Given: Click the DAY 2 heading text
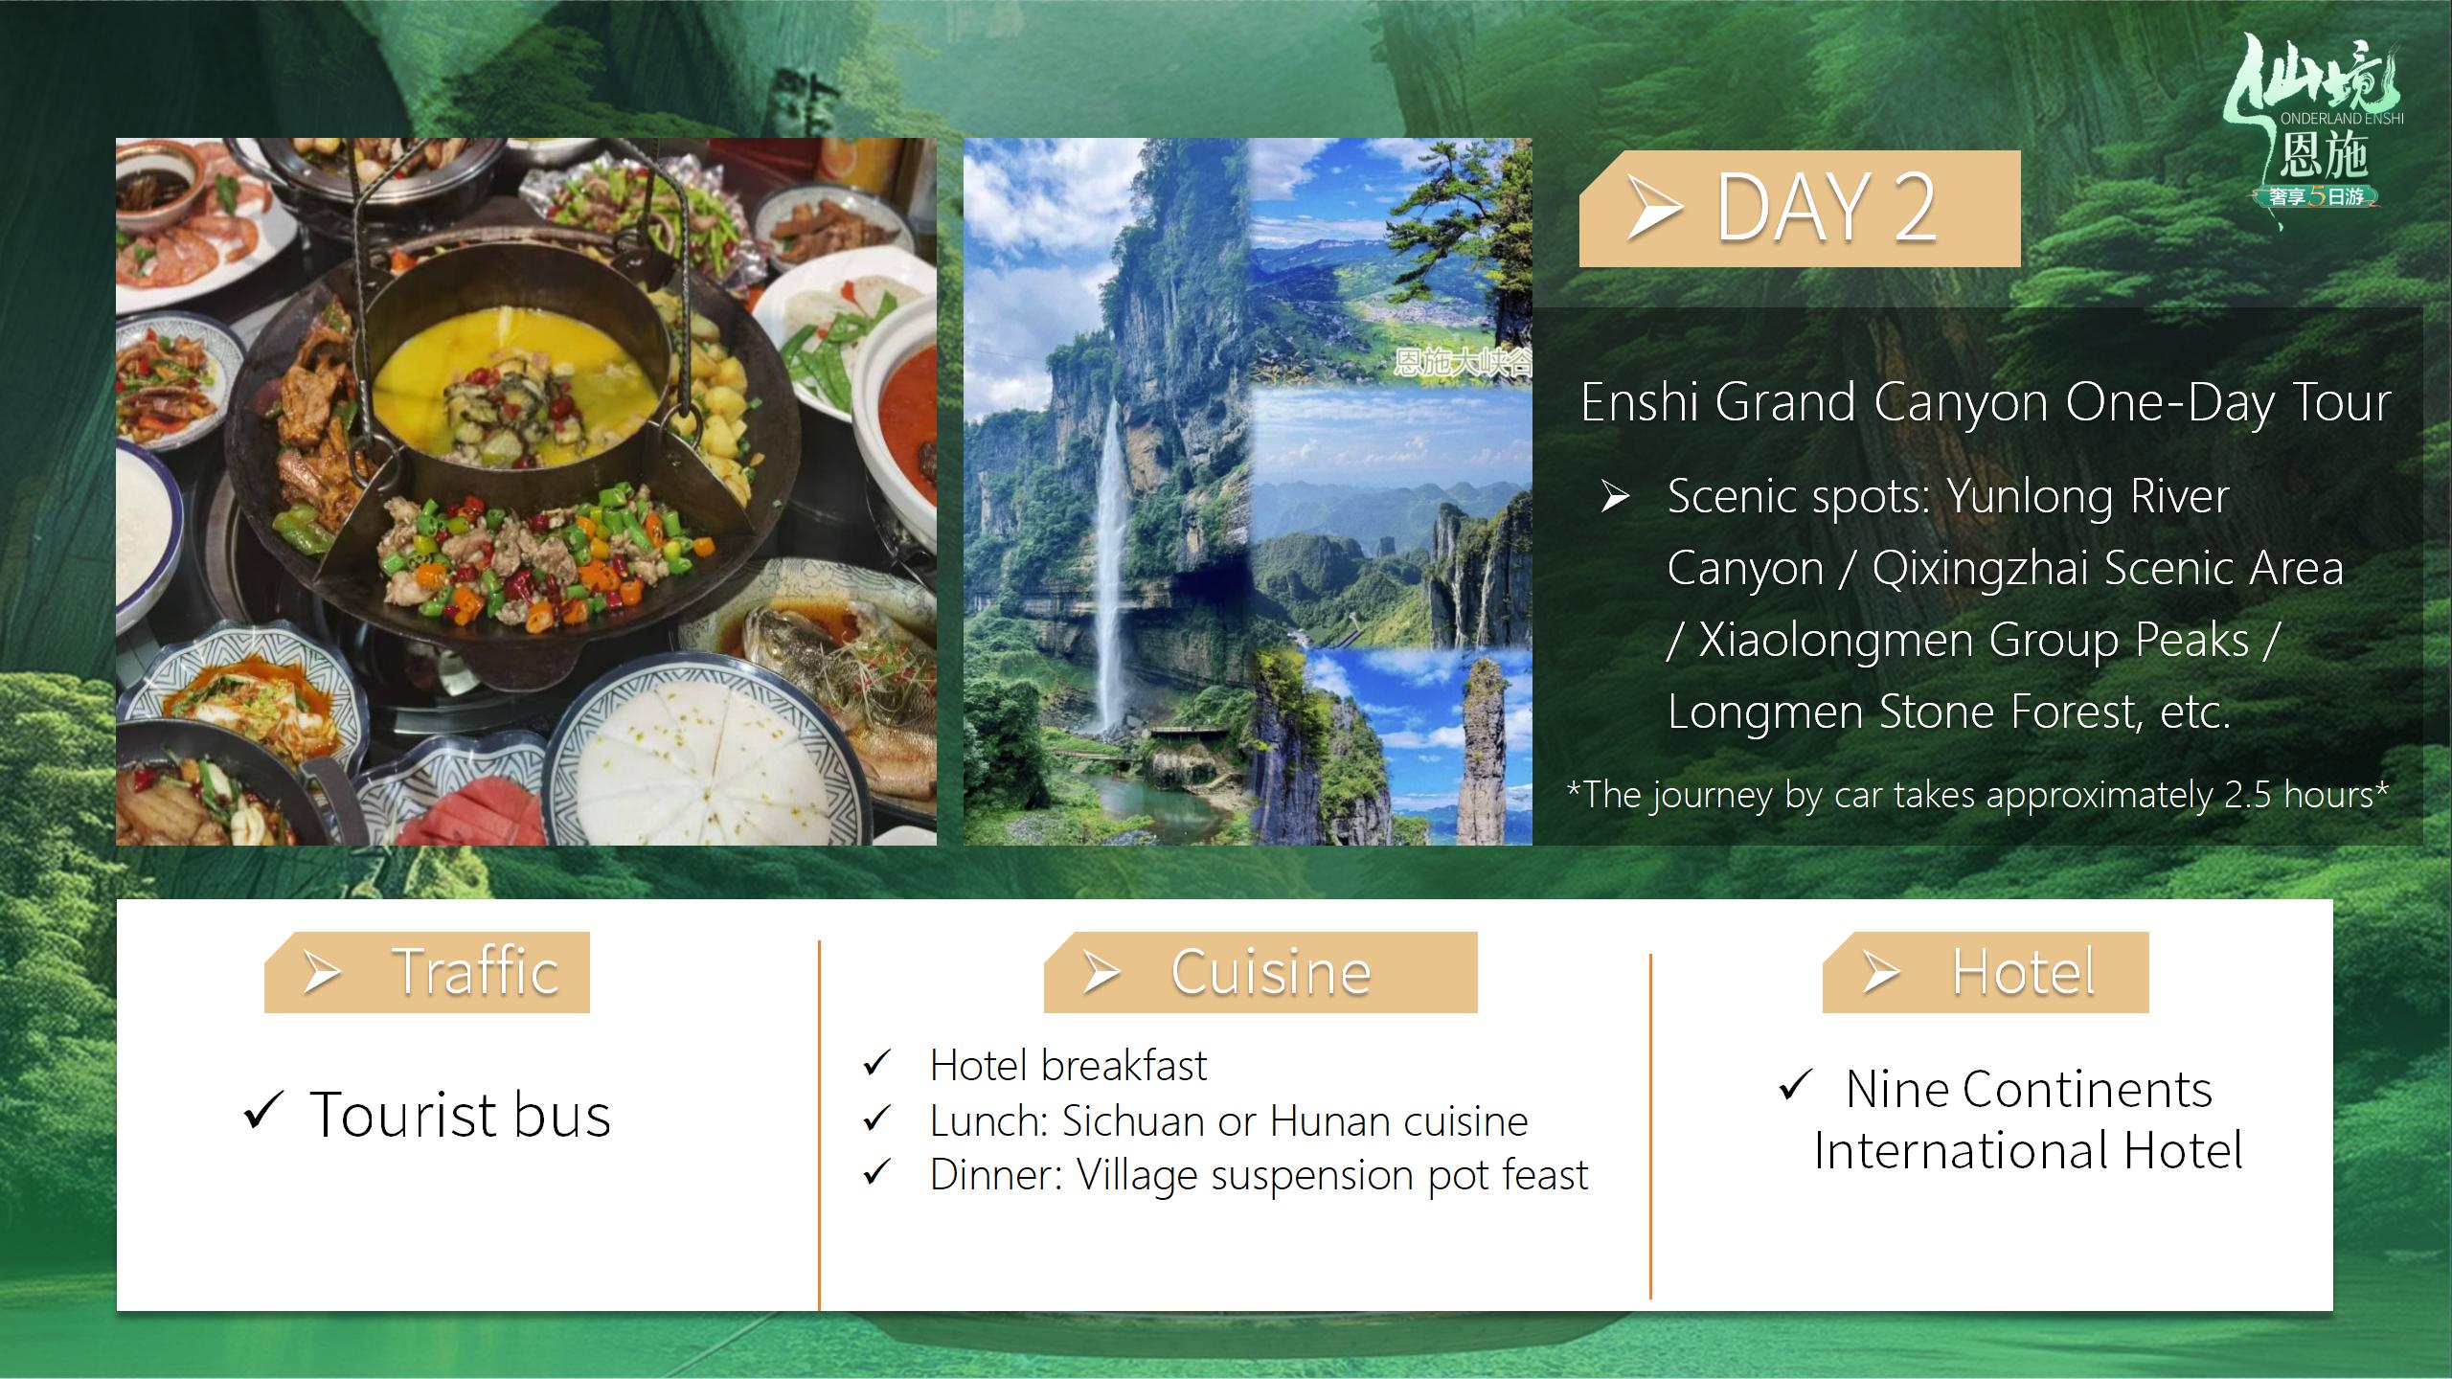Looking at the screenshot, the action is [1826, 208].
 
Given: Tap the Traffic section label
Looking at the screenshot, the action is [475, 971].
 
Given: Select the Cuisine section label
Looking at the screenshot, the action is [1271, 972].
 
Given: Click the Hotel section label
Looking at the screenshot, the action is [2024, 972].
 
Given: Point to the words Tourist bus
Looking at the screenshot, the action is [460, 1115].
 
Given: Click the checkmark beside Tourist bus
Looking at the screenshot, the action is [262, 1110].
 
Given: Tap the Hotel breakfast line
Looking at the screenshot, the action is [1068, 1065].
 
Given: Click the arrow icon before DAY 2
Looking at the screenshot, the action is [1655, 208].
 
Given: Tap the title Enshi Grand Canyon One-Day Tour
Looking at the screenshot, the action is [1986, 402].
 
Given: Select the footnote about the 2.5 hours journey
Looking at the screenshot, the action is [1978, 795].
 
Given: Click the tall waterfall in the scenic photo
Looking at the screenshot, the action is [1111, 565].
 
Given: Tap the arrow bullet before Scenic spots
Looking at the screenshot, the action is [1616, 497].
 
